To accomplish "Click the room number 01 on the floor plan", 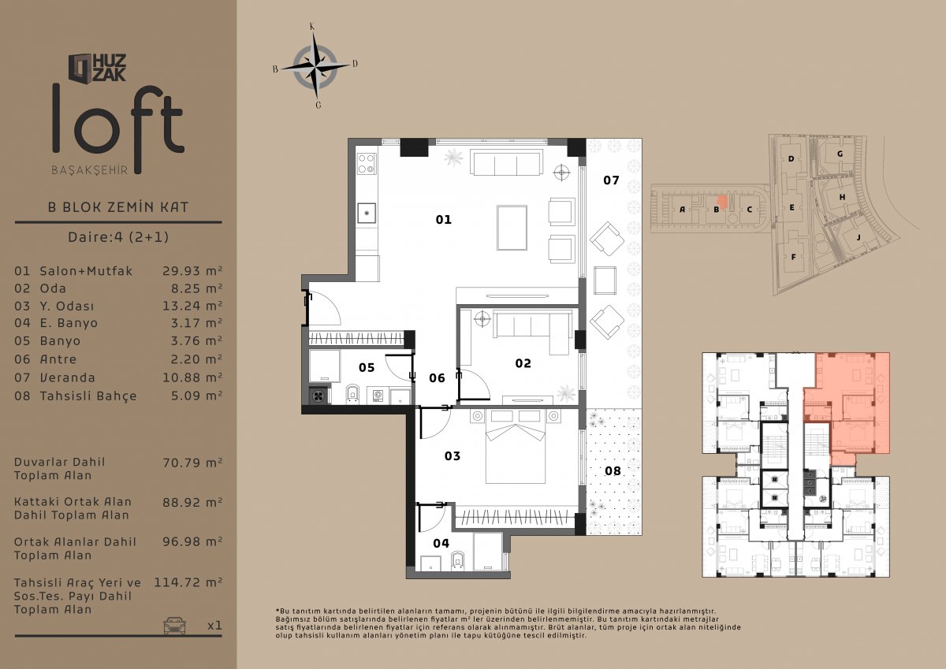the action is tap(443, 220).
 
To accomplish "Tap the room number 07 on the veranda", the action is tap(611, 180).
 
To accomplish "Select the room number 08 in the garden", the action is tap(613, 470).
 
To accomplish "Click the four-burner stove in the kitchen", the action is tap(367, 164).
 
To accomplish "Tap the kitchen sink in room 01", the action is tap(367, 214).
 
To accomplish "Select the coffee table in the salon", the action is tap(512, 228).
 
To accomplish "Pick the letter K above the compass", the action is tap(312, 27).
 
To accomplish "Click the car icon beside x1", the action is tap(174, 625).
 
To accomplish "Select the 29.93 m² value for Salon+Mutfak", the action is tap(192, 270).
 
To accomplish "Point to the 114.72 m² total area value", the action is tap(188, 582).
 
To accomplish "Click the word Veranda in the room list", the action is tap(68, 377).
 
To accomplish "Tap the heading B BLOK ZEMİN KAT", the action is tap(118, 207).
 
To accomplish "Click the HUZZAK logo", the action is tap(98, 68).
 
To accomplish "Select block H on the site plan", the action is tap(842, 197).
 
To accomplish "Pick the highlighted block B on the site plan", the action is tap(717, 210).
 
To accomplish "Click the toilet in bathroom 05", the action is tap(352, 394).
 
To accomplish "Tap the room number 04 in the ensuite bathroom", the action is tap(441, 543).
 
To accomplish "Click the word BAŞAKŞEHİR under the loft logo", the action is tap(90, 170).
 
